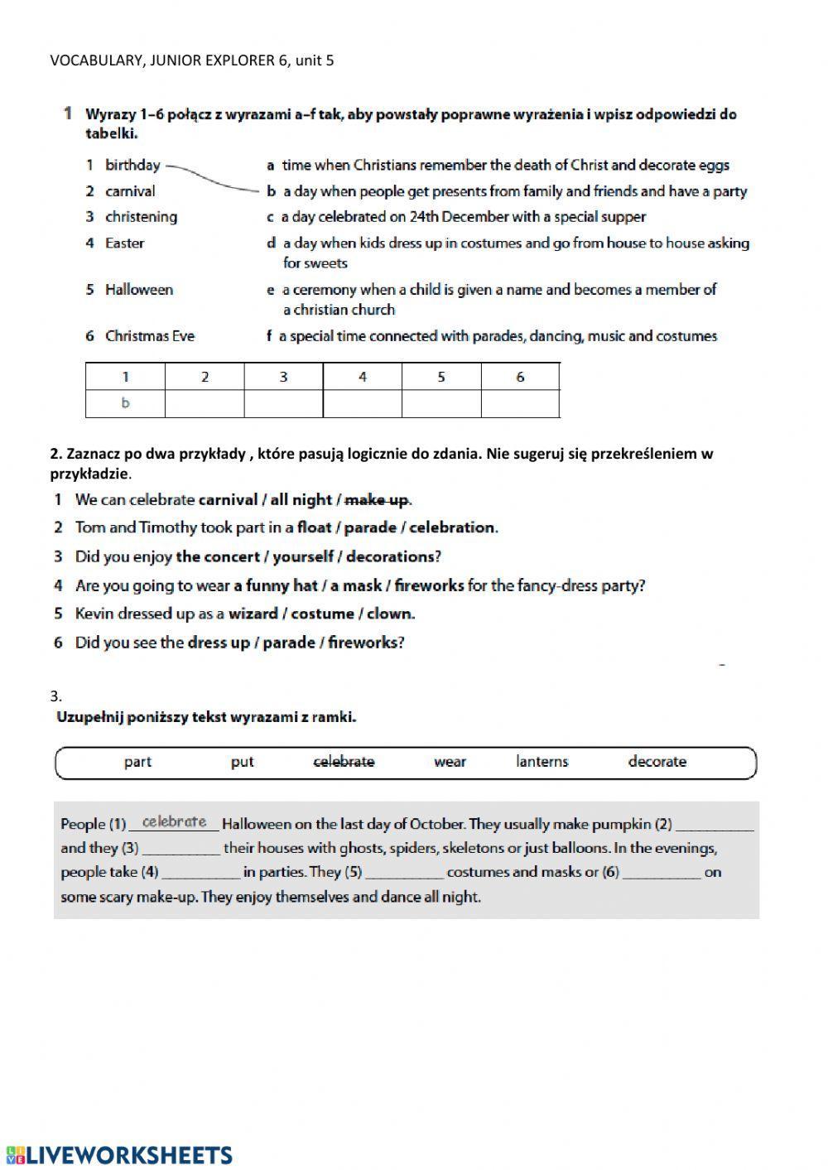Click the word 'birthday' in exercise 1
[x=132, y=165]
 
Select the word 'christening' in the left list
[x=141, y=217]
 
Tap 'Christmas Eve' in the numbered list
[x=150, y=336]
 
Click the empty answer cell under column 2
[x=205, y=404]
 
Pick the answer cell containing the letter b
[x=126, y=404]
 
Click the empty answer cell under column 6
[x=520, y=404]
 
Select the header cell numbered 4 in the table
[x=362, y=378]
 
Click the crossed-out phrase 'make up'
[x=376, y=500]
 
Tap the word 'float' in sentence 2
[x=314, y=527]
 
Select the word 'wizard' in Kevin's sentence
[x=253, y=614]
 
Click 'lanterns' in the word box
[x=542, y=762]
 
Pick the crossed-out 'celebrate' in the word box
[x=344, y=762]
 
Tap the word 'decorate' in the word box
[x=657, y=762]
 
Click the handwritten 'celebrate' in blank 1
[x=174, y=822]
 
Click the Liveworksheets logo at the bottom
[x=119, y=1155]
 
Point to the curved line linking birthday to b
[x=214, y=176]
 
